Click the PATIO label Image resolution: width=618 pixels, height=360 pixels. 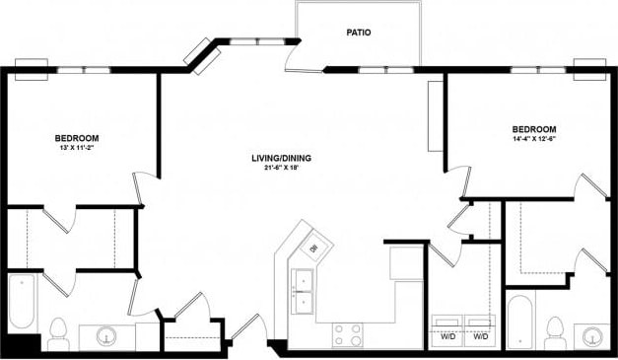tap(358, 33)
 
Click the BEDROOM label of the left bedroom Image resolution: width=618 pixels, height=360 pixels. tap(76, 138)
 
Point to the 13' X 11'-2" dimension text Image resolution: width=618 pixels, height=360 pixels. tap(76, 148)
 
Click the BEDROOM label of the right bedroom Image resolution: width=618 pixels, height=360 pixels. tap(533, 129)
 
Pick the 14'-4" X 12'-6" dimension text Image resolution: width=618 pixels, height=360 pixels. tap(533, 139)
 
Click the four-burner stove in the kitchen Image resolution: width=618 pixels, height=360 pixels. tap(347, 335)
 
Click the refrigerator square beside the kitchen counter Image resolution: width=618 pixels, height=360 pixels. tap(406, 263)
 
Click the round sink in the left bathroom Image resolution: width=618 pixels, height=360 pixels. tap(106, 337)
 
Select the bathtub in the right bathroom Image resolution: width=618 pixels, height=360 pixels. tap(519, 322)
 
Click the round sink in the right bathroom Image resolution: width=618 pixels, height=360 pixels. tap(592, 335)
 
